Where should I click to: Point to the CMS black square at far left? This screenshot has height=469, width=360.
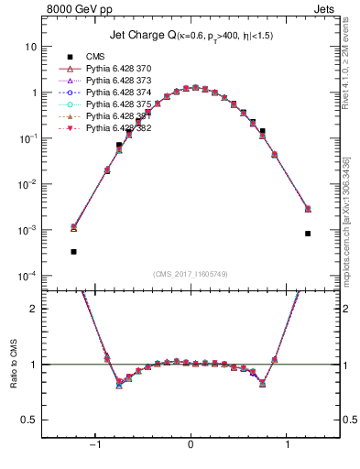tap(73, 251)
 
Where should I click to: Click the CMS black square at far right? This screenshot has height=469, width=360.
tap(308, 234)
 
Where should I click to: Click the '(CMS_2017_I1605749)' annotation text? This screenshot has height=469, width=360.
tap(191, 274)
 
